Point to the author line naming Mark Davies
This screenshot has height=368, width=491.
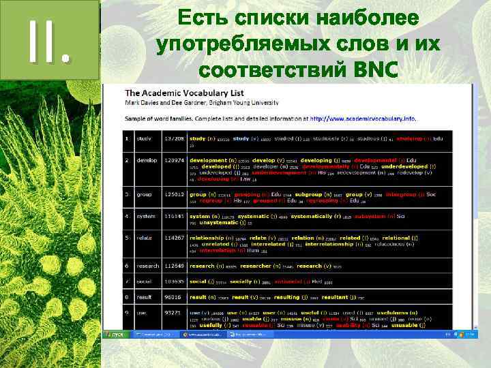201,102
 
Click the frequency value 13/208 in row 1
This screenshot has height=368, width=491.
173,138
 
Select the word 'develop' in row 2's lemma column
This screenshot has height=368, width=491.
147,161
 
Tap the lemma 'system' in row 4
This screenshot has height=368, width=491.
146,217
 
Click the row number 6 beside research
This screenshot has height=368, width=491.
127,266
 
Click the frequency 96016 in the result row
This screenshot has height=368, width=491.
173,297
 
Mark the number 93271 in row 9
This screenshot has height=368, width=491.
173,313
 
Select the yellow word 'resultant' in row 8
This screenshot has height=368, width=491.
355,297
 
